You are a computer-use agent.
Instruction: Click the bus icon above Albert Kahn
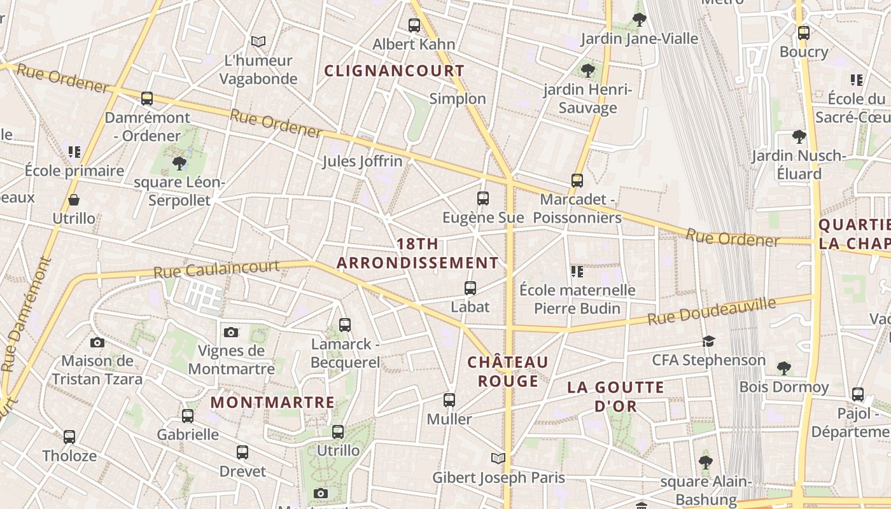coord(414,25)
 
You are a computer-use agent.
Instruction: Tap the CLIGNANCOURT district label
coord(395,71)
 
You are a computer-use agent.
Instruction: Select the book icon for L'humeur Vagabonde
coord(258,41)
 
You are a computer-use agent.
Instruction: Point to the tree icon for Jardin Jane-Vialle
coord(640,20)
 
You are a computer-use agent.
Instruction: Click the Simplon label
coord(458,99)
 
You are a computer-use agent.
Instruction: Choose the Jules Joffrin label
coord(362,162)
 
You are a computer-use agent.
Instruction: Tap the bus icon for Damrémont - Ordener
coord(147,99)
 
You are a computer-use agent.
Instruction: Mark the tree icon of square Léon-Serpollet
coord(179,164)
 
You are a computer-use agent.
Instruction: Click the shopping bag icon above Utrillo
coord(74,200)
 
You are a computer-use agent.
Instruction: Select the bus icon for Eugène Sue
coord(483,199)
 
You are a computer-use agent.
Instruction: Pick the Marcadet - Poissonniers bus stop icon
coord(577,181)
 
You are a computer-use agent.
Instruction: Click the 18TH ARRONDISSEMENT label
coord(417,253)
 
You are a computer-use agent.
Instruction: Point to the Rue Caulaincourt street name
coord(216,269)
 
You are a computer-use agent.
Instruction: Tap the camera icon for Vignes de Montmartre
coord(231,332)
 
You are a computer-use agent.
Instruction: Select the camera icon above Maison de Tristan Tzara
coord(97,342)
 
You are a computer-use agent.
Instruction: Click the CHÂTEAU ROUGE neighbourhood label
coord(508,372)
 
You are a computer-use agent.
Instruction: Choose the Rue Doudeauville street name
coord(712,311)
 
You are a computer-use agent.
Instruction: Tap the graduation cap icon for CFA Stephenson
coord(709,342)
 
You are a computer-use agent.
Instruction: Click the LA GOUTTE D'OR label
coord(615,396)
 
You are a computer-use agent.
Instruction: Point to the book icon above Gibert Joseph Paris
coord(498,458)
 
